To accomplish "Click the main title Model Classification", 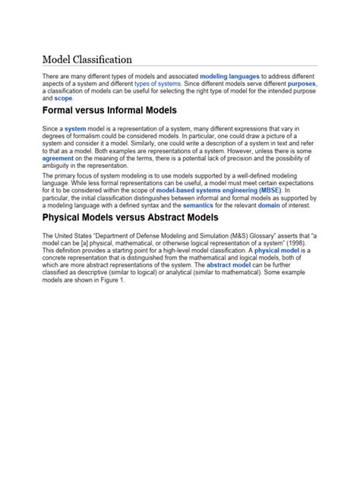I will (x=87, y=59).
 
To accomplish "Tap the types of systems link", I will (x=157, y=84).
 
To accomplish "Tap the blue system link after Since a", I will (x=75, y=130).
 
